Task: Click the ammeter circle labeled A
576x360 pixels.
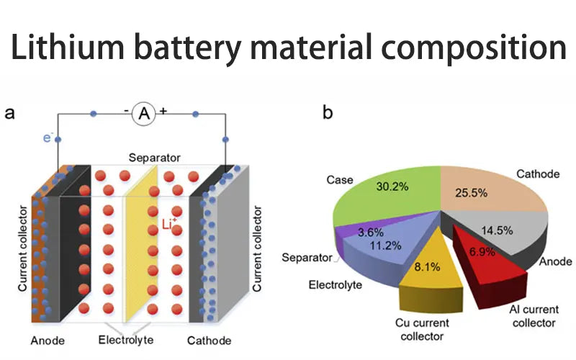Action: pos(144,113)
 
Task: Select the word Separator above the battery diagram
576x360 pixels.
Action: pos(154,157)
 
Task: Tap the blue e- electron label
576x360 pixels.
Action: pos(47,137)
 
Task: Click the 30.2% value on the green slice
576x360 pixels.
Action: pos(392,186)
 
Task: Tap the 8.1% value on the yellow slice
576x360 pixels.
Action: pos(423,266)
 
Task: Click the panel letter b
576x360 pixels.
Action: pos(328,113)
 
